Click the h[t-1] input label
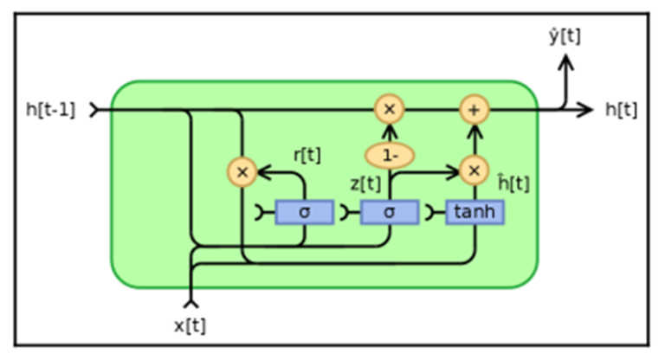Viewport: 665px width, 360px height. [51, 110]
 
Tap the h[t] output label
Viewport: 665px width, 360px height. [621, 110]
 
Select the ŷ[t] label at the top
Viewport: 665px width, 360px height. [565, 35]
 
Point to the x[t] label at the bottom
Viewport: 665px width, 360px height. [190, 325]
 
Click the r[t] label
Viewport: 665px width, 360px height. [307, 156]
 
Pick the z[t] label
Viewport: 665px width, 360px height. [365, 183]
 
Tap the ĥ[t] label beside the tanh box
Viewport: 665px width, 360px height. [513, 183]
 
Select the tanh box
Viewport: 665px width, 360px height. [475, 212]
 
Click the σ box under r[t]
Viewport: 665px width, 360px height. [304, 212]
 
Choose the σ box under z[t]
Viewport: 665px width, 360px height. [389, 212]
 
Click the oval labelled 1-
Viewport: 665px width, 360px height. [389, 156]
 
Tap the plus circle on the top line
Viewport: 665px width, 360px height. [475, 110]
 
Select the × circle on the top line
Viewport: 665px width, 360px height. [389, 110]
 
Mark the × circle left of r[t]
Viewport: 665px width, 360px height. [242, 172]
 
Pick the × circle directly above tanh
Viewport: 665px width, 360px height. [475, 171]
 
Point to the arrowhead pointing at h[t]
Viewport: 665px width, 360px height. [588, 110]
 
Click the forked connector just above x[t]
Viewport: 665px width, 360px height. [190, 302]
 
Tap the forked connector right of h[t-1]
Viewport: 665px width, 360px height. [94, 110]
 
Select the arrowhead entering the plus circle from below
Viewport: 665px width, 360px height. [475, 129]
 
